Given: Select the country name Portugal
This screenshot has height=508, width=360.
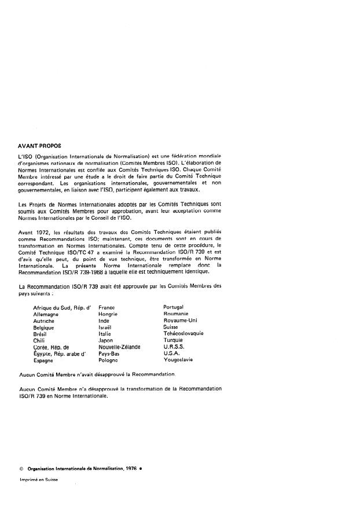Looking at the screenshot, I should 174,307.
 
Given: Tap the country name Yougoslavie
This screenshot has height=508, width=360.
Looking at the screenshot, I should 178,360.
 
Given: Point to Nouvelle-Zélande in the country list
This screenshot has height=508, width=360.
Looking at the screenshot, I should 120,347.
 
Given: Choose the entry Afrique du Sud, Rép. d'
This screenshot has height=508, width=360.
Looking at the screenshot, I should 63,307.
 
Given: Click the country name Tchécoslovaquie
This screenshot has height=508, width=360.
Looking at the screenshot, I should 183,333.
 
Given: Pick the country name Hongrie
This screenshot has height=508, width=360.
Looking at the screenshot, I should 108,314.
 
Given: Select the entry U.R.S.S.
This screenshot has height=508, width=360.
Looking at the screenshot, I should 174,347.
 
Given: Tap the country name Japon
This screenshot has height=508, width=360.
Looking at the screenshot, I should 106,340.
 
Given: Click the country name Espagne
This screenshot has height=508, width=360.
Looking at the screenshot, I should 43,360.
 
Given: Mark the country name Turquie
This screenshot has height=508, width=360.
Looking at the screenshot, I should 174,340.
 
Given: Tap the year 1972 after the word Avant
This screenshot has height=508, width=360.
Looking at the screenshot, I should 42,233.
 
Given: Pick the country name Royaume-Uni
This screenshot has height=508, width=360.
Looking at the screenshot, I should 181,320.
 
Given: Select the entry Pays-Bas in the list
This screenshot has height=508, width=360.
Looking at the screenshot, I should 109,353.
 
